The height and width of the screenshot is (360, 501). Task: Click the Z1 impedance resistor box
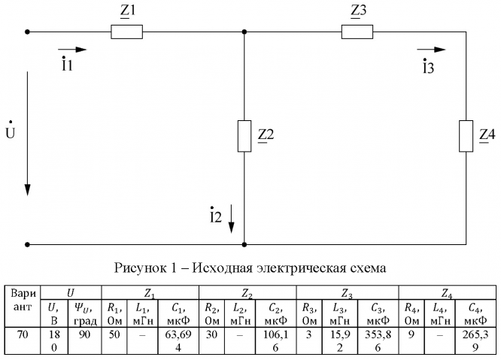pos(126,32)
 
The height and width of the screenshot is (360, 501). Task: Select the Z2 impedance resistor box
pos(245,135)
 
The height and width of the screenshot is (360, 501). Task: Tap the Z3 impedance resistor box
pos(357,32)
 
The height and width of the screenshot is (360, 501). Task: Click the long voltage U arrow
pos(28,132)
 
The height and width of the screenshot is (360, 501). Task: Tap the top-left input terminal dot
pos(28,32)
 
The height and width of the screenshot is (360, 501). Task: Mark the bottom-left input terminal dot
pos(28,244)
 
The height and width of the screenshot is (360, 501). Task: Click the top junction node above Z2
pos(245,32)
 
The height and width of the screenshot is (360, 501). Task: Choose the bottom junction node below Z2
pos(245,244)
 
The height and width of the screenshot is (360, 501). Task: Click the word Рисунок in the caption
pos(139,267)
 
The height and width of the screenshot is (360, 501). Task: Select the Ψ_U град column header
pos(83,311)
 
